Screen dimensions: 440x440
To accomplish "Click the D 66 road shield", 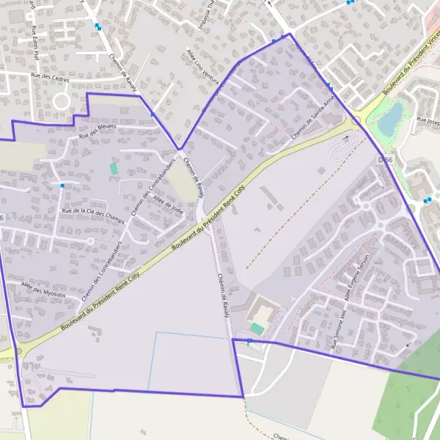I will coord(386,159).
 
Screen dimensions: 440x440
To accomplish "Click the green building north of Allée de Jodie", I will coord(114,169).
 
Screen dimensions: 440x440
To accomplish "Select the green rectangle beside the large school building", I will coord(257,329).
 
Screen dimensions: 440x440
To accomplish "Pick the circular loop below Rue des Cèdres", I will coord(60,99).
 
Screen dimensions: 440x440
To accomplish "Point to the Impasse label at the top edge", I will coord(205,15).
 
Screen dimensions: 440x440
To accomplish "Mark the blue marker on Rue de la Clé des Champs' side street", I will coord(62,186).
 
